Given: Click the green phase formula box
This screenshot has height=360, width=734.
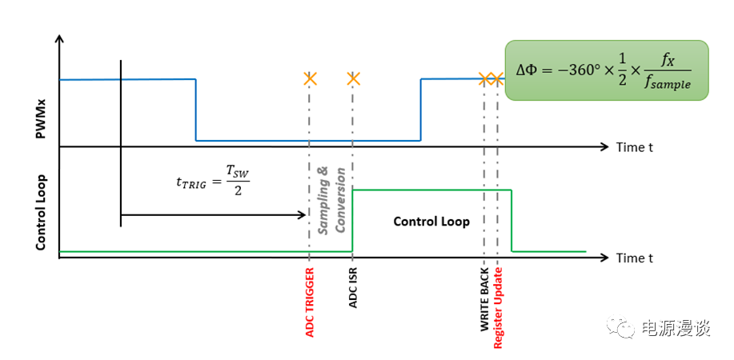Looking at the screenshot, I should [x=607, y=70].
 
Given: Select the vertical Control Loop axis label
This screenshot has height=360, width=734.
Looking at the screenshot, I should [x=41, y=212].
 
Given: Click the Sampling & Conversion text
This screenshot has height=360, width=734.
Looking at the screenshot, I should [x=331, y=199].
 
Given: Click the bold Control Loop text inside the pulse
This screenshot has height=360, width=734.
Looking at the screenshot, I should [x=431, y=222].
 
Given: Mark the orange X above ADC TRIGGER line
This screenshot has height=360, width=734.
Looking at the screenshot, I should [x=310, y=78].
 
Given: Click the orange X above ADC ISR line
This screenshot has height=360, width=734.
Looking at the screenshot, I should [x=353, y=78].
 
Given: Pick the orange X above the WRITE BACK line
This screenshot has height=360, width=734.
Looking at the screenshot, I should [x=485, y=78].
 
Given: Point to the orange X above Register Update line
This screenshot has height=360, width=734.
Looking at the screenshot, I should [x=496, y=78].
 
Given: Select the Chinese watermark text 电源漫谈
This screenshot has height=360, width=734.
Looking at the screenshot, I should [x=676, y=328].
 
